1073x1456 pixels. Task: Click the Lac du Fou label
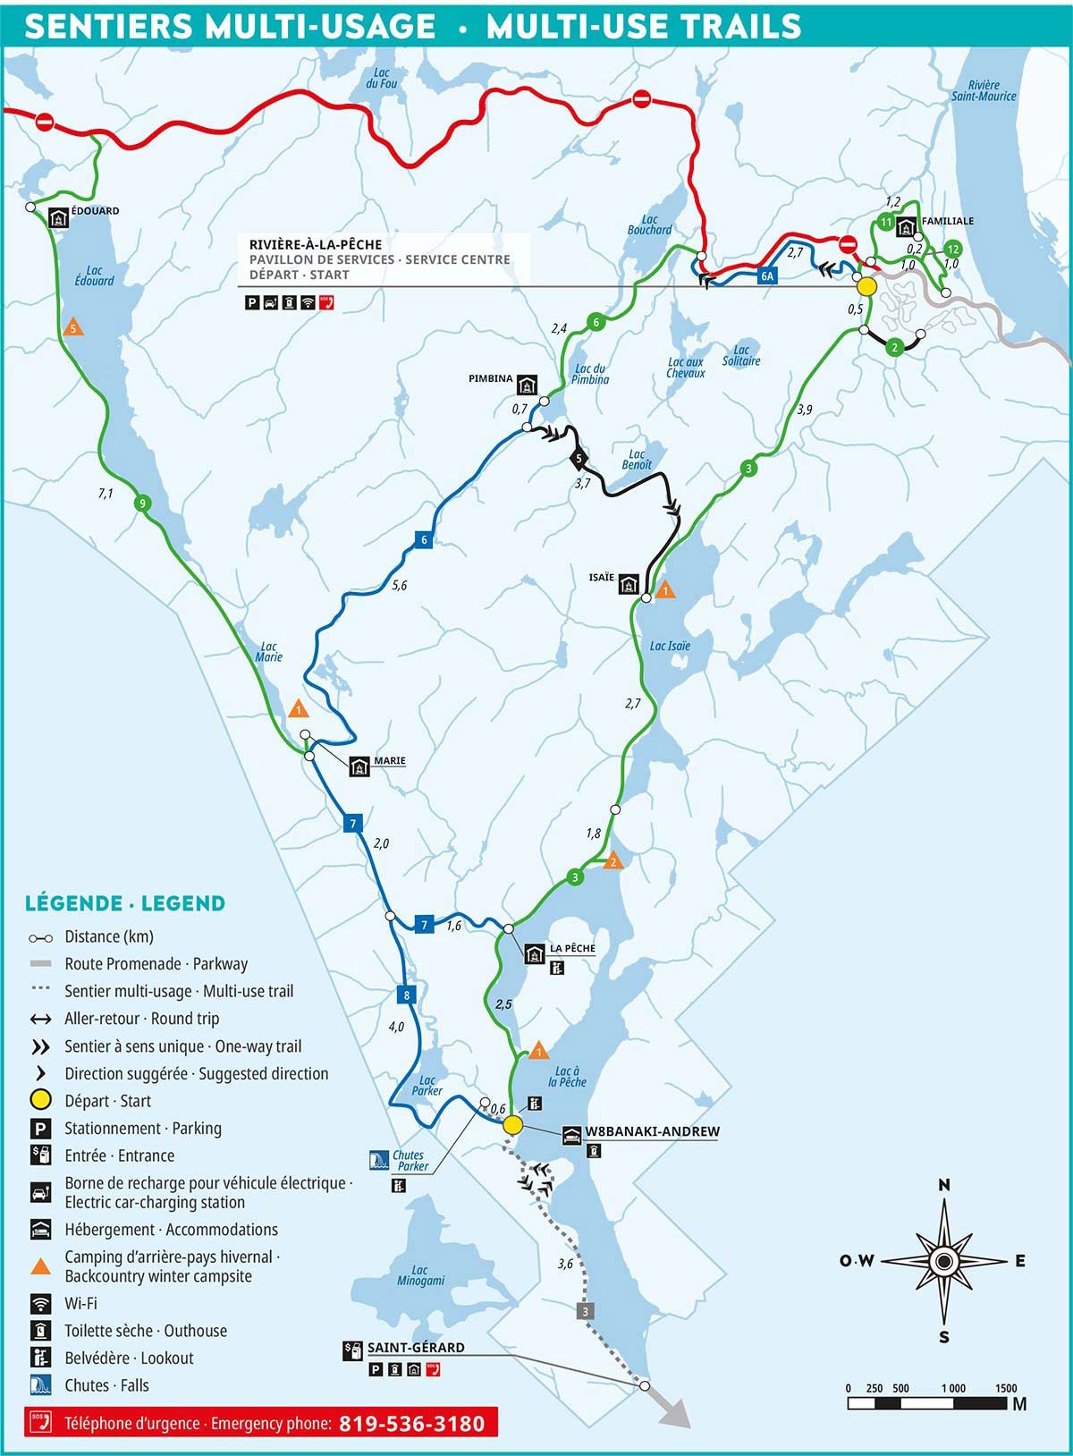click(382, 79)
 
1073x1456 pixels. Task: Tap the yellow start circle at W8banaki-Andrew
click(512, 1125)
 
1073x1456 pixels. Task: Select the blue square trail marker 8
click(406, 995)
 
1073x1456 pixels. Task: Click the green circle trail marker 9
click(140, 504)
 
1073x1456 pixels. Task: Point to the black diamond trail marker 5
click(579, 459)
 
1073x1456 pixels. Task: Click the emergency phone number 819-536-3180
click(411, 1424)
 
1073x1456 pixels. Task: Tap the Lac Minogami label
click(420, 1275)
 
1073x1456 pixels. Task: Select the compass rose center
click(943, 1261)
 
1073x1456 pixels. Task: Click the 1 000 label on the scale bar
click(953, 1389)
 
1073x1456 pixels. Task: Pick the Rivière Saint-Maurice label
click(984, 91)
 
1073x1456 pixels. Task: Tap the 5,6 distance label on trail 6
click(399, 586)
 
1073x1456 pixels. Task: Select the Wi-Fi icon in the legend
click(40, 1303)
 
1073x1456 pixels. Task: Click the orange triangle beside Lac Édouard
click(73, 328)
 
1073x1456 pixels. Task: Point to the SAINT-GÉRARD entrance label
click(416, 1348)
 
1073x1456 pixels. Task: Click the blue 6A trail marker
click(767, 276)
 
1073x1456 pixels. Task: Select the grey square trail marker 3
click(586, 1312)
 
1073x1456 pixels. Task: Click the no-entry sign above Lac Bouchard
click(641, 99)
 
